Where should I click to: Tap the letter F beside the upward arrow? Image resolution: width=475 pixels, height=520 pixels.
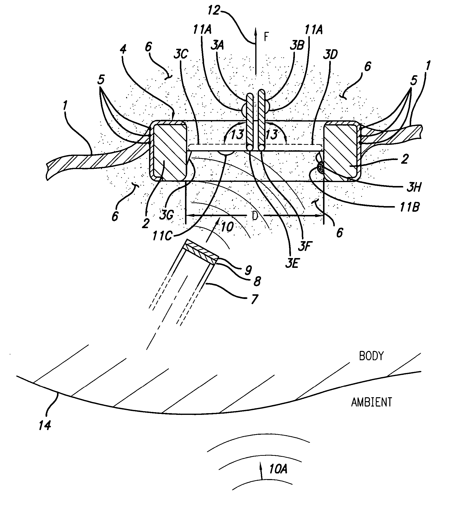point(266,37)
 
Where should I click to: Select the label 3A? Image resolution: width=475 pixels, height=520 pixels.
point(217,45)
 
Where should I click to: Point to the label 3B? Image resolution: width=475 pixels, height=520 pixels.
point(297,45)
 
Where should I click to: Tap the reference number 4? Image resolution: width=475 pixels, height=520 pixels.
point(123,49)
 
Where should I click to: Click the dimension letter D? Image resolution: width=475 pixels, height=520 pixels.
point(255,216)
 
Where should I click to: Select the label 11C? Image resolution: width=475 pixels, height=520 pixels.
point(162,236)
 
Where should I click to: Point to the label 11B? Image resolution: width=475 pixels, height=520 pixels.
point(410,207)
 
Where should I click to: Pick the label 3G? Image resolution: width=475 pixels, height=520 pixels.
point(166,215)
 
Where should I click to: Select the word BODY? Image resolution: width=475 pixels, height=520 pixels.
point(371,356)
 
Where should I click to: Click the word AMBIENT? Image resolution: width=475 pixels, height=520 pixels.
point(371,402)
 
